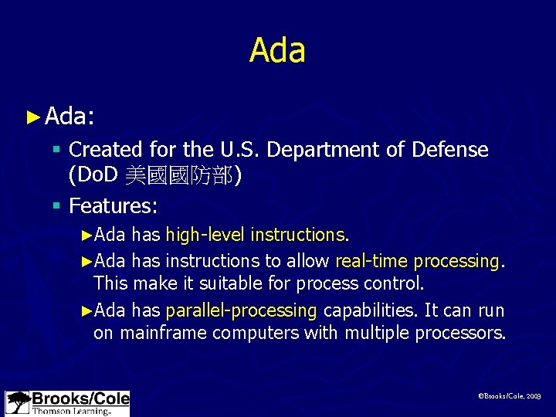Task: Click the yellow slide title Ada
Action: tap(277, 51)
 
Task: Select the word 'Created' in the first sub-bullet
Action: tap(100, 149)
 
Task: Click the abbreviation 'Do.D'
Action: tap(93, 176)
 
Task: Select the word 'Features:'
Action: tap(114, 205)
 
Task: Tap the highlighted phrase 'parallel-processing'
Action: tap(241, 310)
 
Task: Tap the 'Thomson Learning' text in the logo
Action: tap(69, 411)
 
